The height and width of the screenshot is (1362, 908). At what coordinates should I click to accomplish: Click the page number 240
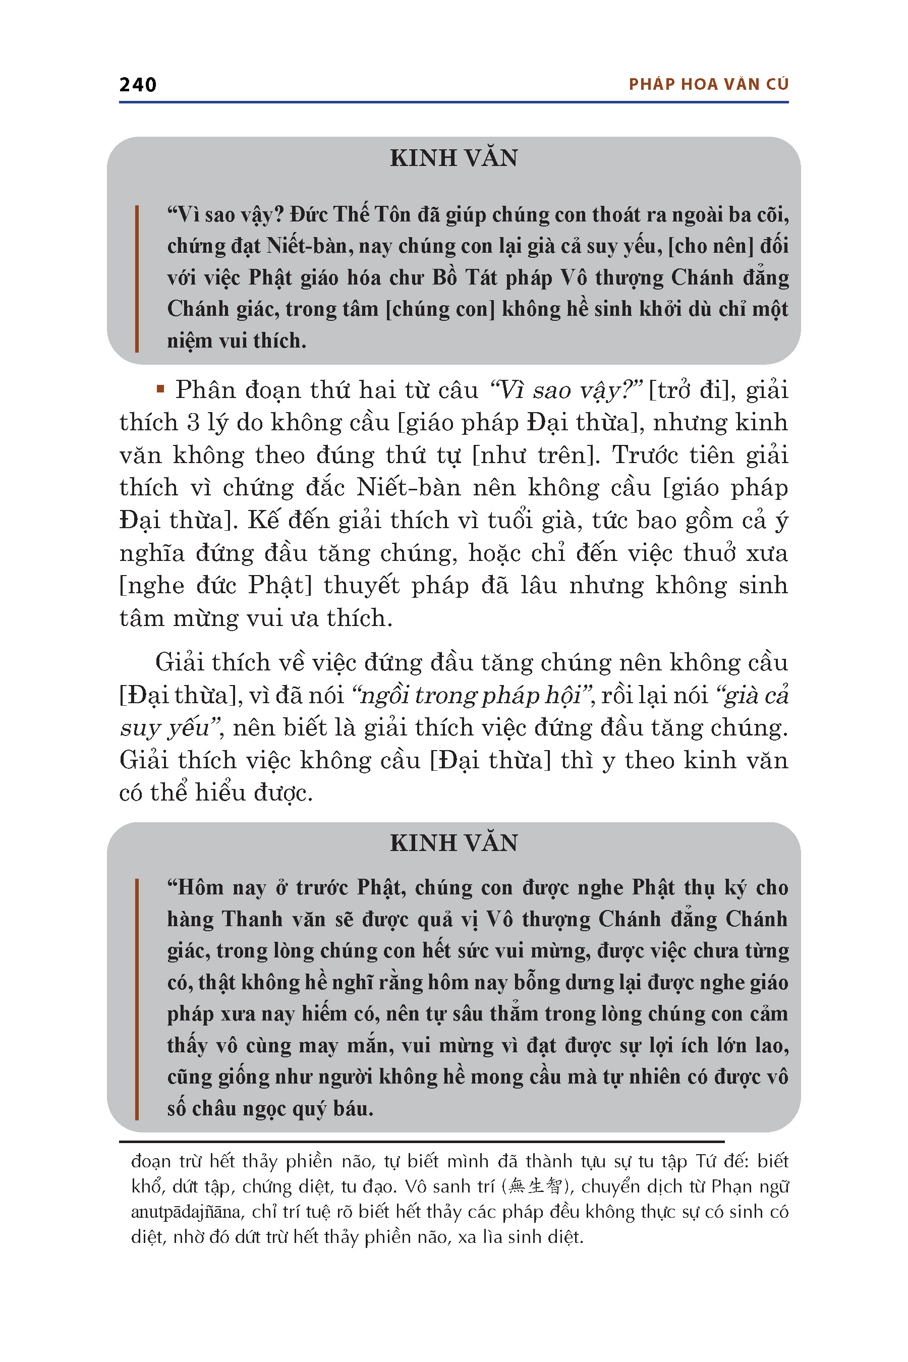pyautogui.click(x=138, y=85)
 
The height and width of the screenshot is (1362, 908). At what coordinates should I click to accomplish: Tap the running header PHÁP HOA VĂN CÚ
pyautogui.click(x=708, y=85)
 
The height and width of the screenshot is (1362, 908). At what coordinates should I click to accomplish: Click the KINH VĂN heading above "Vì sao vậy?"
pyautogui.click(x=453, y=158)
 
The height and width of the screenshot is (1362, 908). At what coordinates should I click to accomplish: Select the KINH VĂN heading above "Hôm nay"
pyautogui.click(x=453, y=843)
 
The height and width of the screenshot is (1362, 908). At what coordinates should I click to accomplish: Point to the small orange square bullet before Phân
pyautogui.click(x=160, y=389)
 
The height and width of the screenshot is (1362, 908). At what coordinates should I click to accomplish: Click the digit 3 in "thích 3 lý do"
pyautogui.click(x=193, y=423)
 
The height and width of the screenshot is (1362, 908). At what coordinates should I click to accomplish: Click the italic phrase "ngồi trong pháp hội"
pyautogui.click(x=471, y=695)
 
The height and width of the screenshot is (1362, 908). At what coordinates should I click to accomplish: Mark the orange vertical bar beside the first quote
pyautogui.click(x=137, y=278)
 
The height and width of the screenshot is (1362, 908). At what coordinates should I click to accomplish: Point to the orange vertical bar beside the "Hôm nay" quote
pyautogui.click(x=137, y=998)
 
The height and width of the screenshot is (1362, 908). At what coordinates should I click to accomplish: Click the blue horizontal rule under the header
pyautogui.click(x=453, y=102)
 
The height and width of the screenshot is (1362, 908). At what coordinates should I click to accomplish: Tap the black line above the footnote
pyautogui.click(x=422, y=1142)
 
